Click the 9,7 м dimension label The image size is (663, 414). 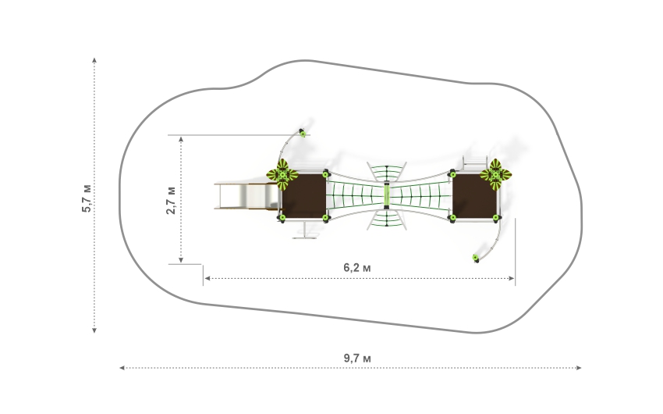click(357, 358)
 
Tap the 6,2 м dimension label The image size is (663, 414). click(357, 267)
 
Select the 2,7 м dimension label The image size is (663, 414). click(171, 200)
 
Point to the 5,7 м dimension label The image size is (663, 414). click(87, 198)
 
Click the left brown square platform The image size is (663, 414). click(304, 196)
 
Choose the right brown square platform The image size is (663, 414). click(474, 196)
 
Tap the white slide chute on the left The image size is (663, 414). click(246, 196)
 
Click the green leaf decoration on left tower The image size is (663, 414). click(282, 174)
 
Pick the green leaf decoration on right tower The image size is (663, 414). click(495, 174)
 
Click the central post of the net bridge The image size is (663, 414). click(386, 195)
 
